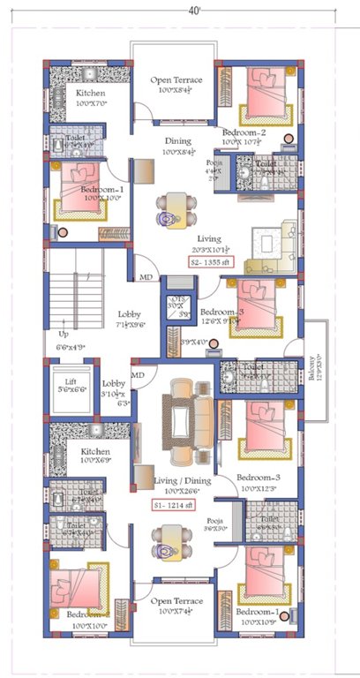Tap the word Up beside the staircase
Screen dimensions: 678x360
pyautogui.click(x=63, y=335)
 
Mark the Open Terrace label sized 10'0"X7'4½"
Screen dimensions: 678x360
pyautogui.click(x=176, y=606)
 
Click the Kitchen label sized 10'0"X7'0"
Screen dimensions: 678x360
pyautogui.click(x=91, y=98)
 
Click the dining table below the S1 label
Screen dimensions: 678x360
pyautogui.click(x=173, y=541)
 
